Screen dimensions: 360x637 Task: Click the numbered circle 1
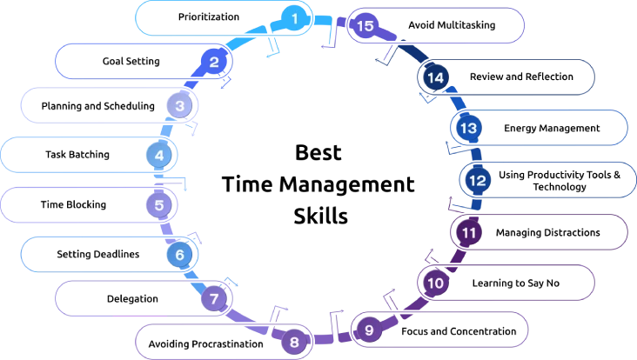(x=294, y=17)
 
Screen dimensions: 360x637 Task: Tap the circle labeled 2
(x=214, y=61)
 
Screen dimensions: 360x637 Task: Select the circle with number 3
(x=179, y=106)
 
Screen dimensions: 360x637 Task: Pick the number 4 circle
(x=158, y=156)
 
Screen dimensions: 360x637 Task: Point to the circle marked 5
(x=158, y=206)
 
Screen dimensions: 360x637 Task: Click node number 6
(x=179, y=255)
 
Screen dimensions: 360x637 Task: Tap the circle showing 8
(x=294, y=342)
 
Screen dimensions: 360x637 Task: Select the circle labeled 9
(x=369, y=330)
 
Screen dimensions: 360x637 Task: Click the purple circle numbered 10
(x=436, y=283)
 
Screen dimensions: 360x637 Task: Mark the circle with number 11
(x=468, y=232)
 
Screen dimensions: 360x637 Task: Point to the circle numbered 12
(x=476, y=180)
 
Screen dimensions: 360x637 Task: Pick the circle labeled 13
(x=468, y=128)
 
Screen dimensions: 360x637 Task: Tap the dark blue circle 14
(x=436, y=77)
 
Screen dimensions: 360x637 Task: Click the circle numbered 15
(x=365, y=26)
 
